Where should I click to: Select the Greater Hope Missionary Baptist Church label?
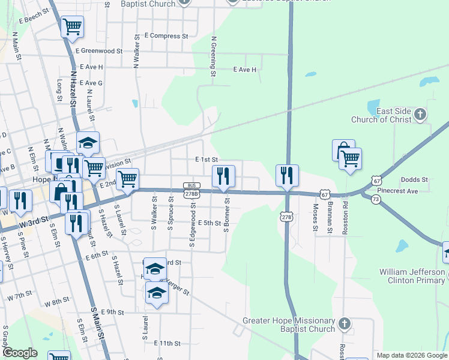(x=288, y=325)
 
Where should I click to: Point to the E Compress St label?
(x=162, y=36)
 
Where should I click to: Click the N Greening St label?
(x=213, y=57)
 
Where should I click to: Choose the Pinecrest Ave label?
(x=417, y=191)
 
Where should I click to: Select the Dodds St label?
(x=414, y=179)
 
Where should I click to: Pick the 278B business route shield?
(x=191, y=190)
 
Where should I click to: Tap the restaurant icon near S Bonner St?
(x=223, y=176)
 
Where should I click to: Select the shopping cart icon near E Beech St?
(x=72, y=26)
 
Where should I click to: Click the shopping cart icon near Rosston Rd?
(x=350, y=159)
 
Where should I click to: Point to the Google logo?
(x=20, y=353)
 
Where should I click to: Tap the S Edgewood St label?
(x=193, y=225)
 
